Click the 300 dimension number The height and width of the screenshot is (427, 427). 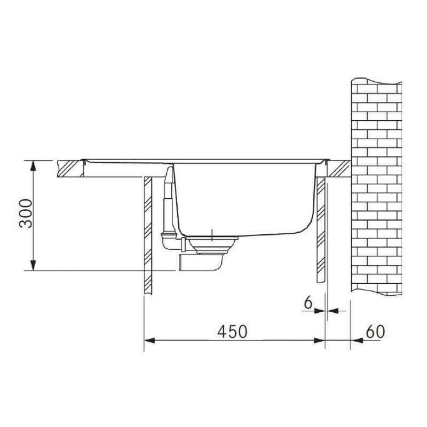26,213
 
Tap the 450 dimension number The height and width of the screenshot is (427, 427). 232,331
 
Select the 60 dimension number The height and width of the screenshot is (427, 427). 375,331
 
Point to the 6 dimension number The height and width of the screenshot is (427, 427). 308,303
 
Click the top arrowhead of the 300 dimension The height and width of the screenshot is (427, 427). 33,165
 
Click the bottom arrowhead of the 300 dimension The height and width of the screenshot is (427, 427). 33,265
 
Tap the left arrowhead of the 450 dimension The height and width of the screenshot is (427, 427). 149,341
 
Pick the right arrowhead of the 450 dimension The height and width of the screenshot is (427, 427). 320,341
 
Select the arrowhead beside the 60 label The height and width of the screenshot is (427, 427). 356,341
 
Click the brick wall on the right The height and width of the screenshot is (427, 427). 376,187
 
